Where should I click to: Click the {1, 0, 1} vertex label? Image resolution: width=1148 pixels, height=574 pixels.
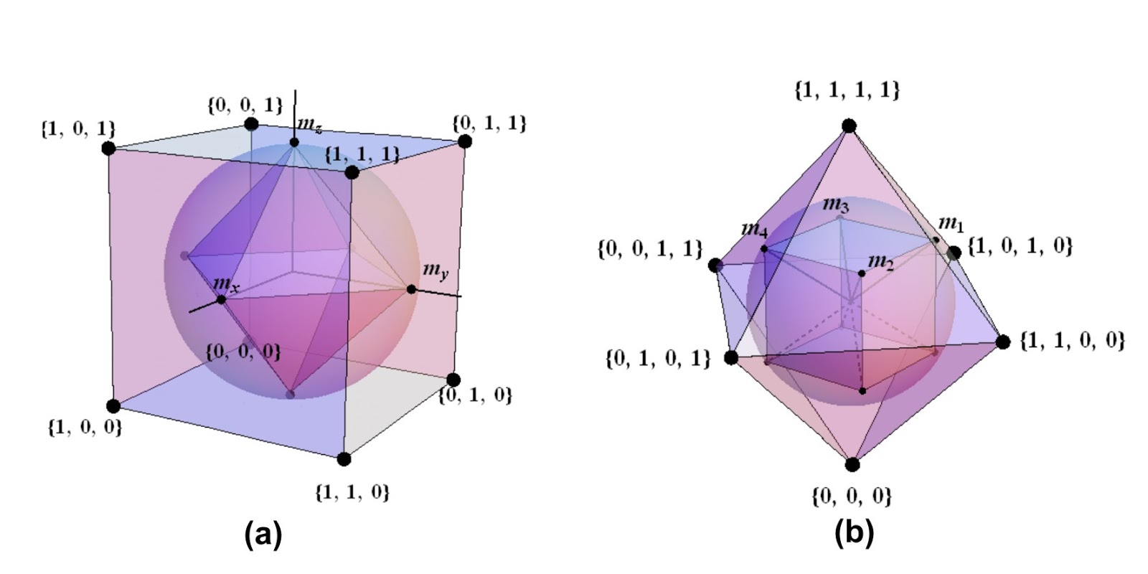78,129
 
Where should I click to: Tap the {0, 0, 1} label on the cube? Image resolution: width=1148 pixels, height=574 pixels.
245,105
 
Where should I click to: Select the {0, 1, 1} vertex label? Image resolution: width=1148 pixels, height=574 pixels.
489,123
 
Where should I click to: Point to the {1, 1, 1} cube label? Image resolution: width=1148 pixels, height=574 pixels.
362,154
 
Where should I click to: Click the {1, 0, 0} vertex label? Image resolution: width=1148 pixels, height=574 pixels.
85,428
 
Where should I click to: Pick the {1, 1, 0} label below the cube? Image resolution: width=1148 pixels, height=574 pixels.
352,492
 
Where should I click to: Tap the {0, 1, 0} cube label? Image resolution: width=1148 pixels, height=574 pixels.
476,395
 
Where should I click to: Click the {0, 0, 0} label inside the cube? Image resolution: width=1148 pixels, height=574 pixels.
243,352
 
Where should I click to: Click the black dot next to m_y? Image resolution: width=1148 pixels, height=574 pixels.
411,289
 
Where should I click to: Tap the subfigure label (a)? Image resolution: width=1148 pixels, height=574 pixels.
263,535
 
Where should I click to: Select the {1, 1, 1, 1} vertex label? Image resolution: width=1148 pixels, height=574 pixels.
847,90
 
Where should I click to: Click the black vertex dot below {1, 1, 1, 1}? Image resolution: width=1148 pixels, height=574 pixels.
849,126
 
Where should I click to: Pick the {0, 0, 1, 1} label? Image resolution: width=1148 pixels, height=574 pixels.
649,249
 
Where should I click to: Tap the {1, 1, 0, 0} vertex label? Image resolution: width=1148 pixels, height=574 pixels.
1072,340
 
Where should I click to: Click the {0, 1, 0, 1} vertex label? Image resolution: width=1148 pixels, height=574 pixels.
658,358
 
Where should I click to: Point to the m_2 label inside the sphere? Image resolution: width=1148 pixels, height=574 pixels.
880,263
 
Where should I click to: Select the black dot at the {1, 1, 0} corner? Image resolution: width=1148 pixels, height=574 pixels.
344,459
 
